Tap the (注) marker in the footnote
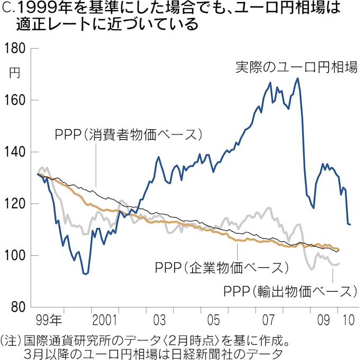[x=11, y=338]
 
